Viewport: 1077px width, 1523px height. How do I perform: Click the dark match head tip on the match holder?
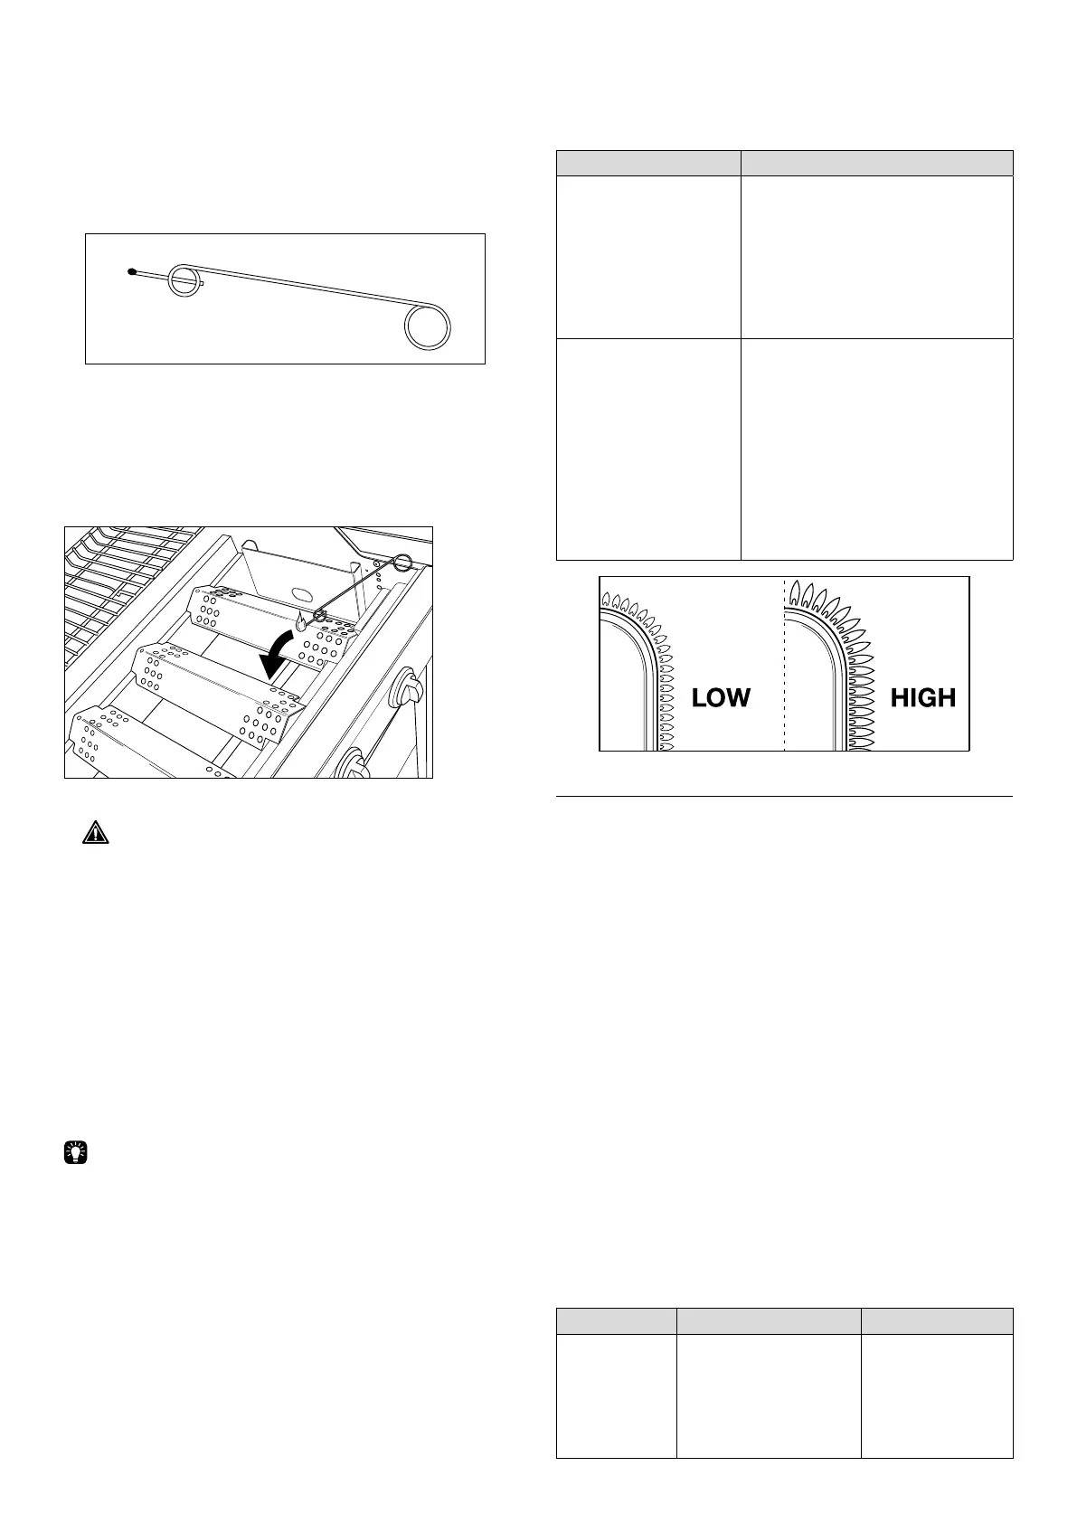(x=132, y=270)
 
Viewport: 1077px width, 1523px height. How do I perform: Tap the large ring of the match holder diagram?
(x=428, y=326)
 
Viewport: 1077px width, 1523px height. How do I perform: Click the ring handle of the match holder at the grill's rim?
(x=402, y=563)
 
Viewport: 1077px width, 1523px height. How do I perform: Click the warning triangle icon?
(x=95, y=832)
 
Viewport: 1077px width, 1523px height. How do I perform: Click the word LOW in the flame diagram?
(x=721, y=697)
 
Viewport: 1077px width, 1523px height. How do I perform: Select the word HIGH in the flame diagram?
(x=922, y=697)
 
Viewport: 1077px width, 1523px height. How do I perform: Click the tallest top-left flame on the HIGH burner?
(x=794, y=593)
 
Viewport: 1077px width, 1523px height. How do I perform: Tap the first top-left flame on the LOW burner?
(x=606, y=599)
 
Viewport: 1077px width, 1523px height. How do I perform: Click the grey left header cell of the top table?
(x=647, y=162)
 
